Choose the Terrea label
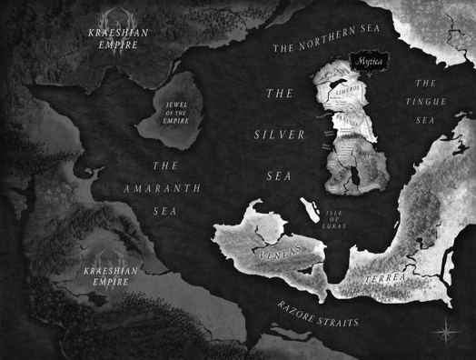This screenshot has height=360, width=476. (382, 276)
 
